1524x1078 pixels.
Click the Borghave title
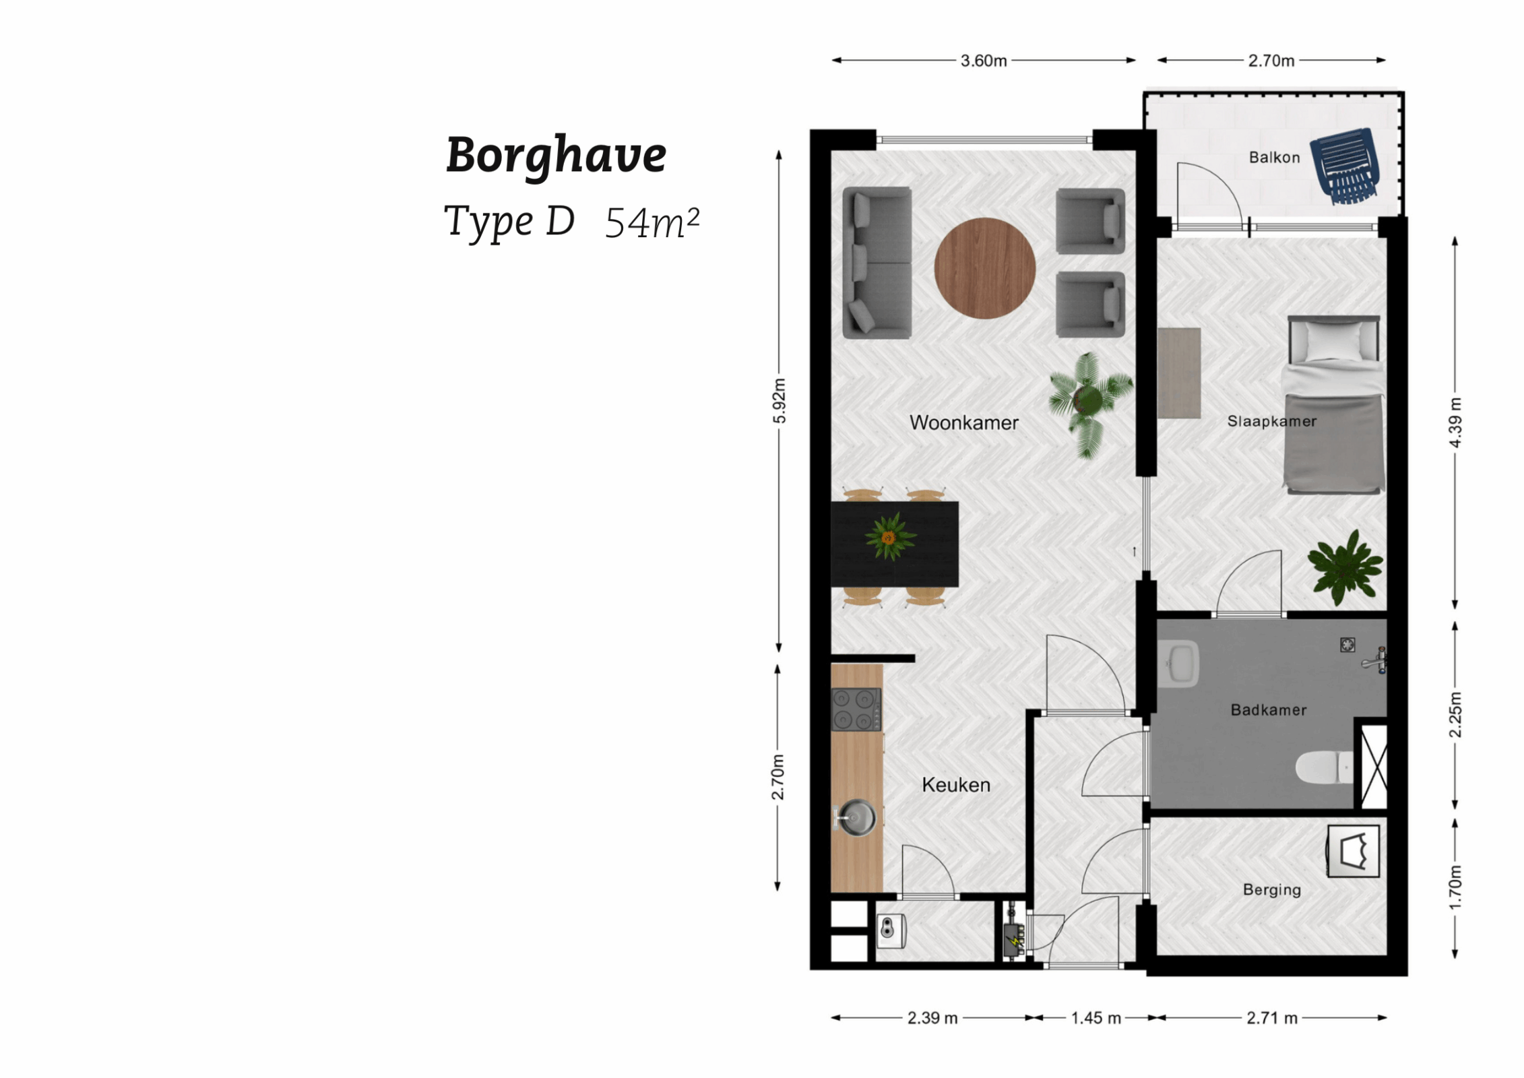[x=556, y=155]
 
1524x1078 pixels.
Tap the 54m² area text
[x=652, y=222]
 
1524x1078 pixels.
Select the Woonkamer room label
[x=963, y=422]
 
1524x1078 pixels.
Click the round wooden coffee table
[x=984, y=267]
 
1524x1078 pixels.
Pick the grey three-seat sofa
[x=877, y=263]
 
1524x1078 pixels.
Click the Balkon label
[x=1274, y=158]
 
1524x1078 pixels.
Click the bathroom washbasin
[x=1179, y=664]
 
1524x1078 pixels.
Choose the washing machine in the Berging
[x=1353, y=852]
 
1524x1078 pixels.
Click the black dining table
[x=894, y=544]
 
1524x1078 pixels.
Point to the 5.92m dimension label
[x=779, y=400]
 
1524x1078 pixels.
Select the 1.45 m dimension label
[x=1096, y=1018]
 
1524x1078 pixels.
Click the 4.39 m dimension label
[x=1455, y=422]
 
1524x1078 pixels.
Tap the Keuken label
[x=956, y=785]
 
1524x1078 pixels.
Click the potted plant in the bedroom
[x=1345, y=566]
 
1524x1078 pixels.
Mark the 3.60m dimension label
[x=984, y=61]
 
